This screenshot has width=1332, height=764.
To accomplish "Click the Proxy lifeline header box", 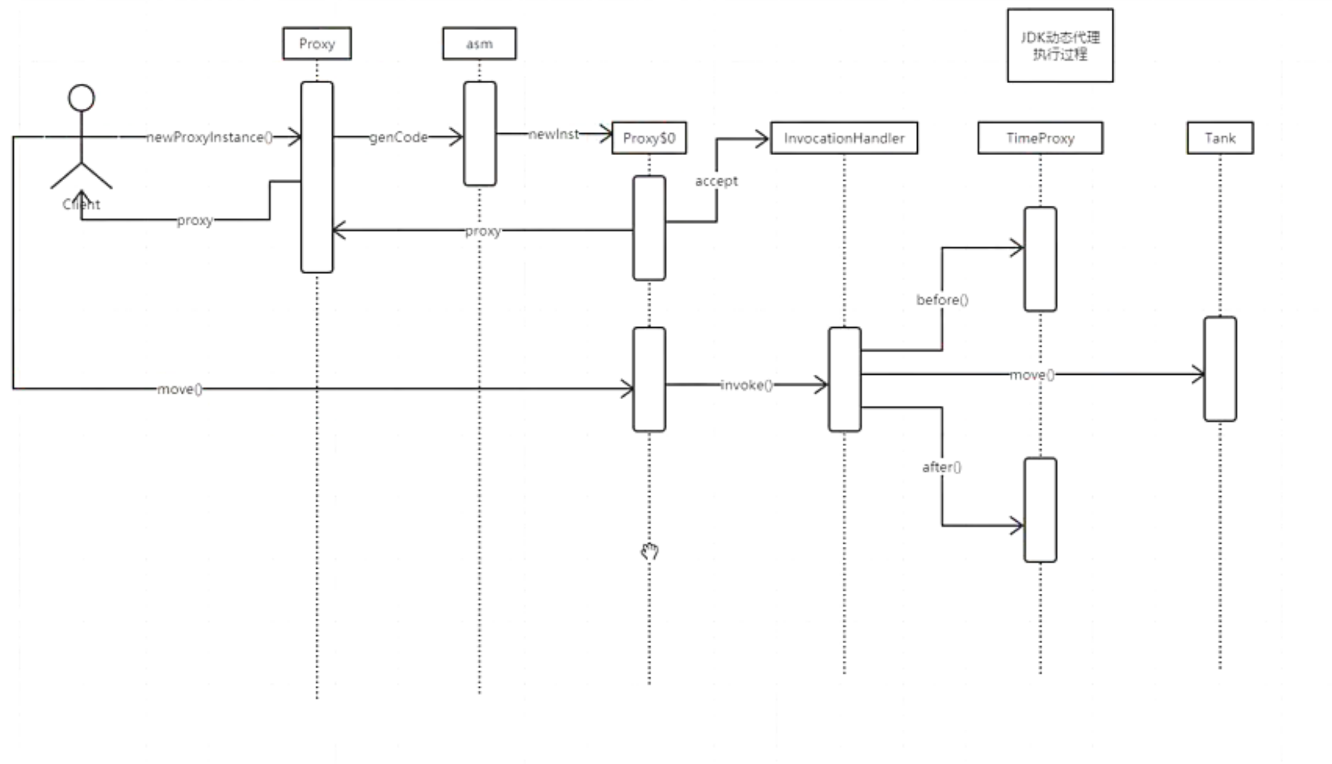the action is [x=317, y=43].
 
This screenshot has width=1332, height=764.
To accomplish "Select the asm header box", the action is [x=479, y=43].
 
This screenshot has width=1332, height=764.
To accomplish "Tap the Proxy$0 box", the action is [x=649, y=138].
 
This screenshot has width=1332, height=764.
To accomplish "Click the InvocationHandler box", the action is [x=844, y=138].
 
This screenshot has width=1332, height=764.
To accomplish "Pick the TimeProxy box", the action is [x=1040, y=138].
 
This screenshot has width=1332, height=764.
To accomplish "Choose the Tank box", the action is [x=1220, y=138].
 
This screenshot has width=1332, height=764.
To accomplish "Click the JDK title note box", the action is [x=1060, y=45].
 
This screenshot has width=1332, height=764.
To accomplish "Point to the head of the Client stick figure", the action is [x=81, y=98].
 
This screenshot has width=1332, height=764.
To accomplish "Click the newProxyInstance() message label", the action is [x=209, y=137].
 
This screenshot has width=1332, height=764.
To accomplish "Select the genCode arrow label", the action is [x=399, y=137].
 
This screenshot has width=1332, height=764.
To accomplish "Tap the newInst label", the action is [x=554, y=134].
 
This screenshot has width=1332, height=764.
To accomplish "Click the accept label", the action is [x=716, y=181].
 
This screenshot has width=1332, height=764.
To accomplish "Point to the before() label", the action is [x=942, y=300].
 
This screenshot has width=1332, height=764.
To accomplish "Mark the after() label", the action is [x=942, y=467].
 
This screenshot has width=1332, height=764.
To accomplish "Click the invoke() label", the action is [x=746, y=385].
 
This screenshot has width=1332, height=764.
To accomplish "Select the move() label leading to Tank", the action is [x=1032, y=375].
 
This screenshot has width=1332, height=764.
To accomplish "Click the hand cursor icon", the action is [x=649, y=551].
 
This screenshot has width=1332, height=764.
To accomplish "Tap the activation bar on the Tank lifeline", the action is [x=1220, y=369].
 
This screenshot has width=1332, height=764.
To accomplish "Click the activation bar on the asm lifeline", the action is [x=480, y=134].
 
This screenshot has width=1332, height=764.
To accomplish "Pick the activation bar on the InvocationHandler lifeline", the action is [x=845, y=379].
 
